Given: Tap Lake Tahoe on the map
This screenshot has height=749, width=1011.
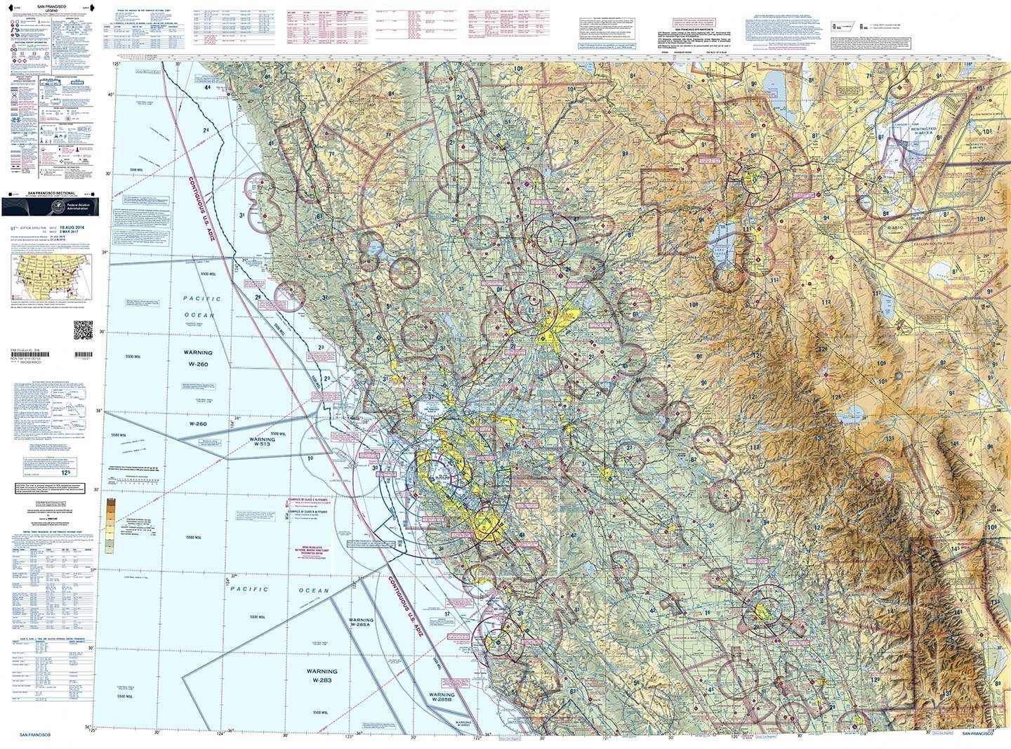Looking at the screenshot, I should point(724,246).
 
